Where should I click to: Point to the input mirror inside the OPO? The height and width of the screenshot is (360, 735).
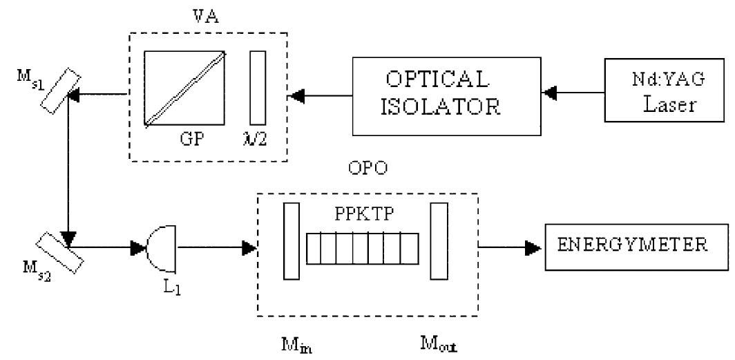click(x=292, y=241)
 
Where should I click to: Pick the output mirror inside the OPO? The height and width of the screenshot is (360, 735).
click(x=437, y=241)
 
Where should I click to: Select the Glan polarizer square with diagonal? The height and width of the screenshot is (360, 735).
click(x=185, y=88)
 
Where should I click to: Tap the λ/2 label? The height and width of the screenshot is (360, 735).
click(x=259, y=138)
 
